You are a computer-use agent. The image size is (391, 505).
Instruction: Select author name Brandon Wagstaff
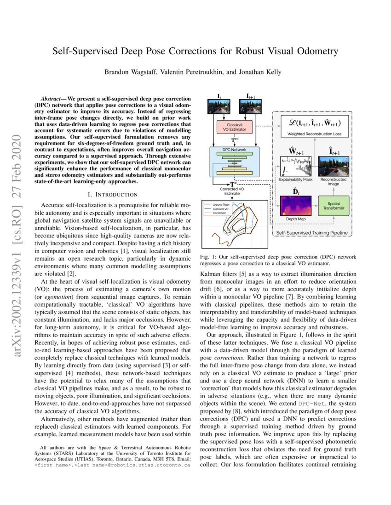pyautogui.click(x=129, y=72)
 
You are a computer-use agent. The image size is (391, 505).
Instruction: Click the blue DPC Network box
pyautogui.click(x=234, y=162)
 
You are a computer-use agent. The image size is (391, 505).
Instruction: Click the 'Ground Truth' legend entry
pyautogui.click(x=220, y=204)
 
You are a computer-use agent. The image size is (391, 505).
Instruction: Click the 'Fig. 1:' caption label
pyautogui.click(x=206, y=258)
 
